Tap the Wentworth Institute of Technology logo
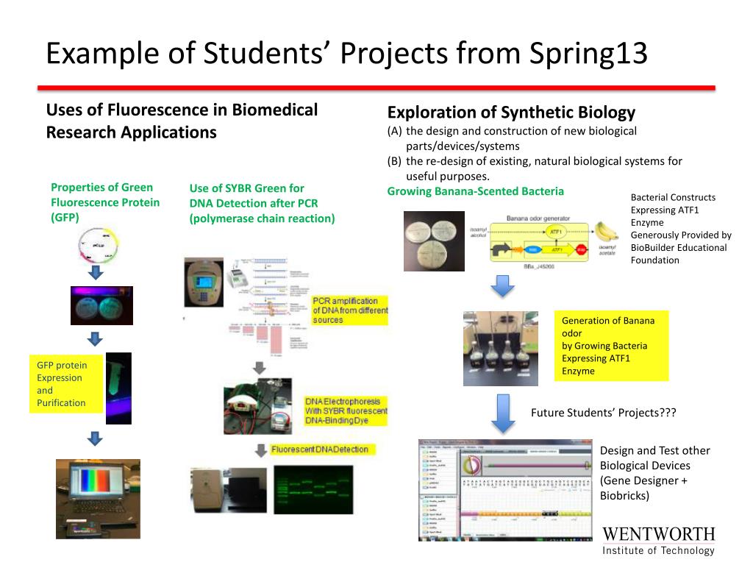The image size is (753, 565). click(x=658, y=541)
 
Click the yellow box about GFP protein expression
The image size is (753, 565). click(x=65, y=384)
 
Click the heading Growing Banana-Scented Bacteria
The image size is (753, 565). click(x=476, y=191)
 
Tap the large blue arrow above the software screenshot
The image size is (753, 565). click(x=502, y=413)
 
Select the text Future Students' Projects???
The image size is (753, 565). click(x=603, y=413)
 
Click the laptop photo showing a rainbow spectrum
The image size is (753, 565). click(x=98, y=499)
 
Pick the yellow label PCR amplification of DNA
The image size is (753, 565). click(x=350, y=310)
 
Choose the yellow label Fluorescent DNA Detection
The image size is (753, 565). click(x=320, y=449)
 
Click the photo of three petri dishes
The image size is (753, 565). click(x=434, y=241)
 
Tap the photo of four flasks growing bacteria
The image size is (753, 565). click(x=500, y=348)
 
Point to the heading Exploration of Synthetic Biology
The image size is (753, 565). click(x=511, y=113)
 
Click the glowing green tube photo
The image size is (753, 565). click(x=118, y=387)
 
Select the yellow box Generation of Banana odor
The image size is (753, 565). click(x=611, y=346)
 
